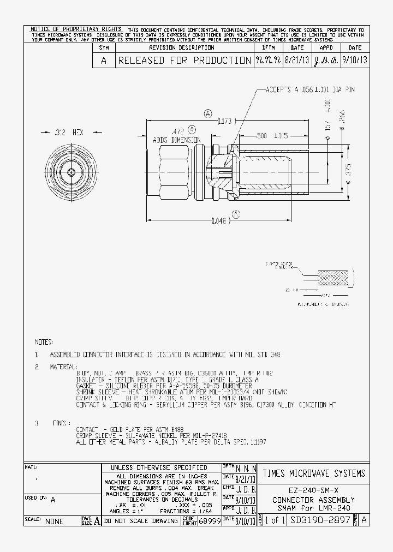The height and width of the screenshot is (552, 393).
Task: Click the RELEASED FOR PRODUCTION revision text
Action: point(183,61)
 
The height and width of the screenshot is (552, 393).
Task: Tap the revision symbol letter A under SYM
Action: point(103,61)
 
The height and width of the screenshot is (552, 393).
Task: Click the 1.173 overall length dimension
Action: point(224,121)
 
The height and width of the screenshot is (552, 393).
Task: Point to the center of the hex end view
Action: point(72,172)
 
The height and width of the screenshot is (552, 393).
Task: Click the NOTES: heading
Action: point(44,341)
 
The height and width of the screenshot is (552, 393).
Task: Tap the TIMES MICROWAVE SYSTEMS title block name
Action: point(314,473)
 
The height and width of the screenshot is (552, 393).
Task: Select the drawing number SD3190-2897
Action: point(320,521)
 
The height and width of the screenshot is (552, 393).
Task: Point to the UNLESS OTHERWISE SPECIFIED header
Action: point(159,467)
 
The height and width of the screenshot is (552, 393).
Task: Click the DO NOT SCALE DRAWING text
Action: point(141,521)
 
